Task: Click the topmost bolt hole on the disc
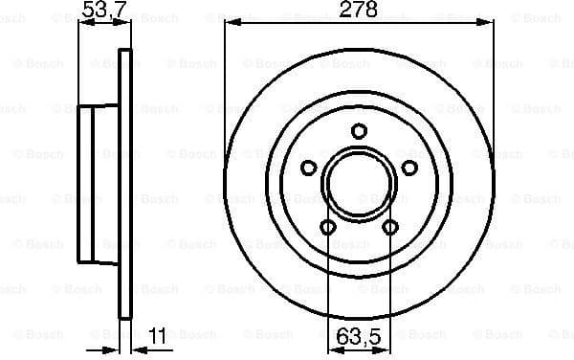tap(359, 131)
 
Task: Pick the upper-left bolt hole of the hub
tap(308, 169)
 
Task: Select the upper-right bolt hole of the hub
tap(409, 169)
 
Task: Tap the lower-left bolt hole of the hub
tap(327, 227)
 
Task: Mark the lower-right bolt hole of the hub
tap(390, 227)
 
